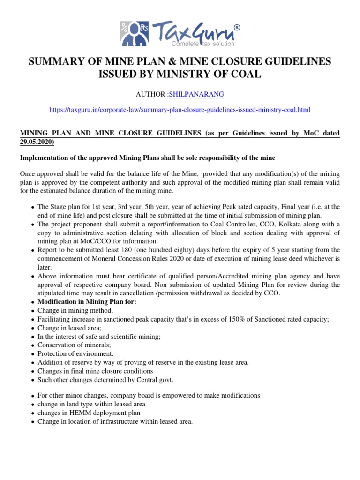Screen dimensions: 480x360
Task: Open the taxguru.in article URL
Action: click(180, 110)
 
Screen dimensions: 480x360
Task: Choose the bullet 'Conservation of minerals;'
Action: click(71, 345)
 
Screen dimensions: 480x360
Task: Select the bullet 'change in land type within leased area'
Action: click(91, 404)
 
